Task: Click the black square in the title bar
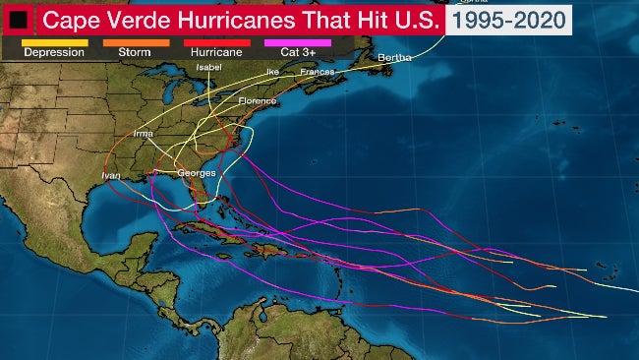[x=19, y=18]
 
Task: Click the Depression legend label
[x=53, y=52]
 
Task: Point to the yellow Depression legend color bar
[x=53, y=42]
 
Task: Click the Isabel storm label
[x=209, y=67]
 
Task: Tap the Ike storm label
[x=272, y=72]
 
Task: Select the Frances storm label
[x=317, y=72]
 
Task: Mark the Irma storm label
[x=143, y=132]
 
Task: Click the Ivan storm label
[x=111, y=175]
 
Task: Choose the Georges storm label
[x=196, y=173]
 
